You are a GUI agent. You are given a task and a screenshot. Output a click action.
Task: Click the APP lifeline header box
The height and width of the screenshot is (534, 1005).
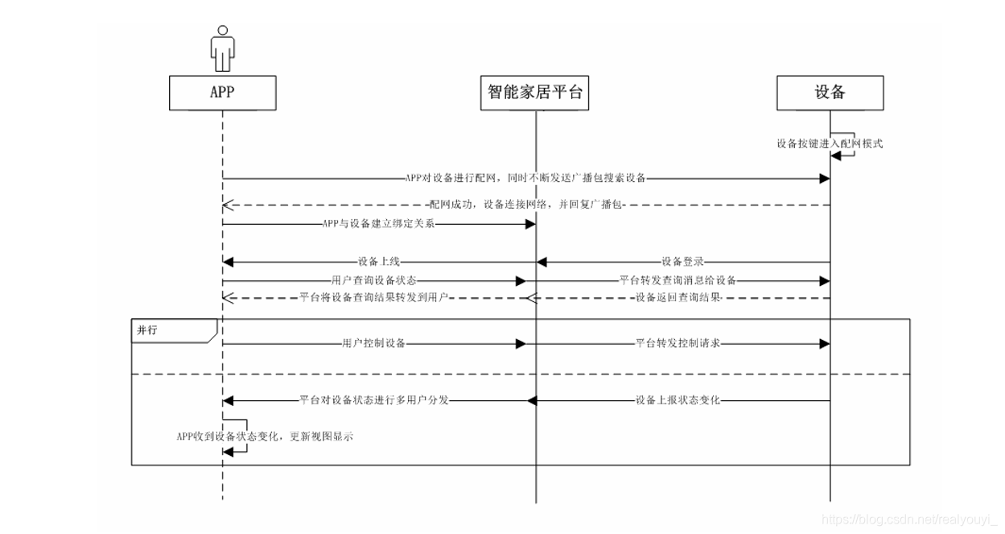222,93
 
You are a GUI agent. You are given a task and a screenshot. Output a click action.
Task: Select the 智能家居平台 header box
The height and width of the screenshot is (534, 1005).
535,93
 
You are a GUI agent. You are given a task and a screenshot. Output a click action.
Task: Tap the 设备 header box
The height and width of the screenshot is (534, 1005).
830,93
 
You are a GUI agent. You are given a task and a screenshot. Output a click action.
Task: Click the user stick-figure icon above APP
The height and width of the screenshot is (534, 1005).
222,48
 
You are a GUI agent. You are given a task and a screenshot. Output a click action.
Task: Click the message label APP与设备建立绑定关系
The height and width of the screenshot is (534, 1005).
378,224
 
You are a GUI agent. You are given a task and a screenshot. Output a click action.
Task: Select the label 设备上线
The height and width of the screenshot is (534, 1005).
380,261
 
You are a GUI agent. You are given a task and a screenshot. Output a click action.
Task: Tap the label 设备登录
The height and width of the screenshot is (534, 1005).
683,261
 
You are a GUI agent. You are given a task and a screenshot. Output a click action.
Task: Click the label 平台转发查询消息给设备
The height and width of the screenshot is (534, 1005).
678,280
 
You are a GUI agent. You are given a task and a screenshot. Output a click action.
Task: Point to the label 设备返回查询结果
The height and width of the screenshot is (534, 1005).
678,298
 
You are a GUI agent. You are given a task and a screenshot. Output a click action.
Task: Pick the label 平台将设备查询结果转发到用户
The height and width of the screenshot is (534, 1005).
373,298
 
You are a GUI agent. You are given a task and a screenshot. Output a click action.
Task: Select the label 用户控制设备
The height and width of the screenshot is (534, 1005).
373,343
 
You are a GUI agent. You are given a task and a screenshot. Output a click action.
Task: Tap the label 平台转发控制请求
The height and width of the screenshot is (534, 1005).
678,343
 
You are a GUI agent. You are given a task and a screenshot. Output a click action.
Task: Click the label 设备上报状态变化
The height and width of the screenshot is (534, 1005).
678,399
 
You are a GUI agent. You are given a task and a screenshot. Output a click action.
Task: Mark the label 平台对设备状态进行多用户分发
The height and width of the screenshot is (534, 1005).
373,399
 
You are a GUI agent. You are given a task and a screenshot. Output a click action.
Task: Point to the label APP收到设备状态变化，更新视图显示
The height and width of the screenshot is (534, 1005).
265,436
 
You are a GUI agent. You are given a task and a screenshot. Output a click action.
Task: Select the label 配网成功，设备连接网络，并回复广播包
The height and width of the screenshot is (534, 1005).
526,205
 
